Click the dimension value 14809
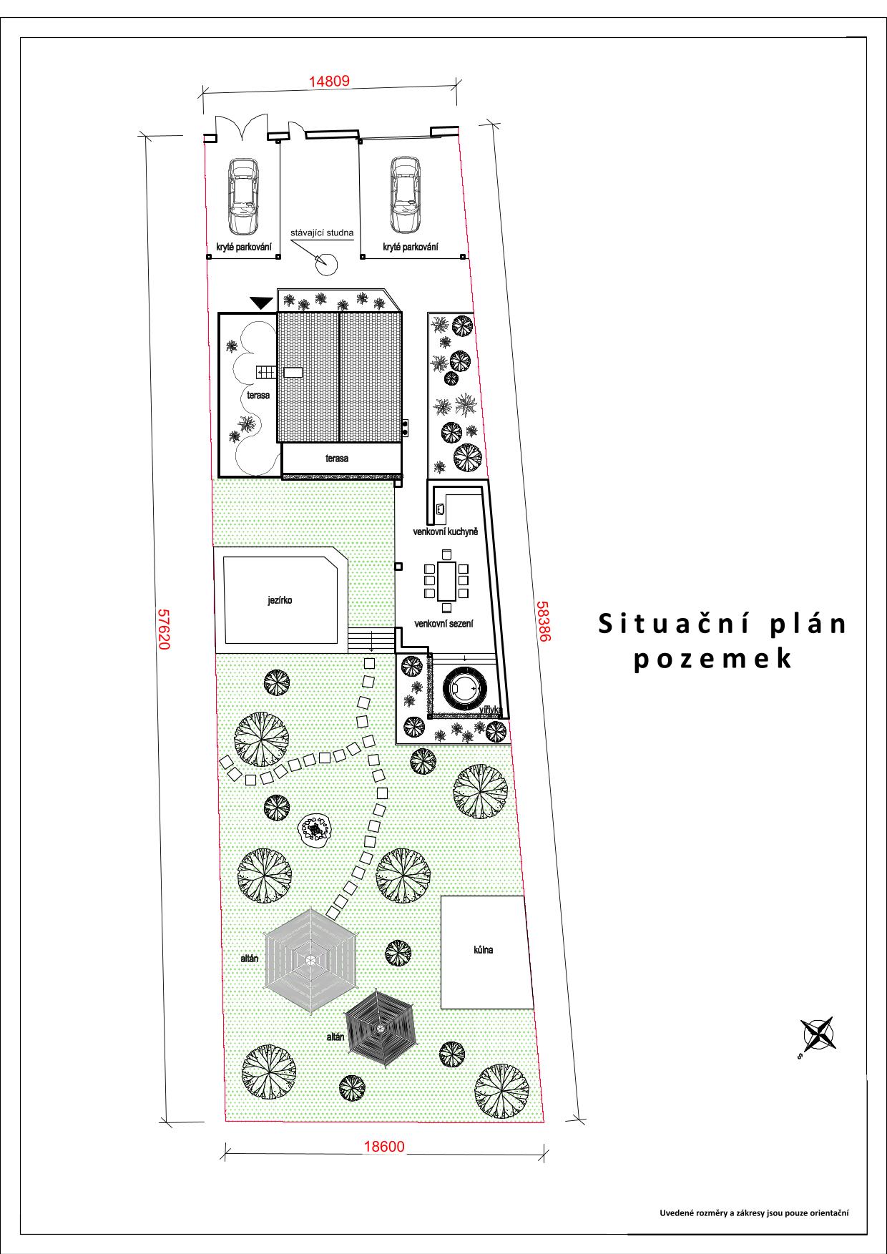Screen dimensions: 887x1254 point(329,81)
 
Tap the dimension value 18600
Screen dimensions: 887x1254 point(384,1147)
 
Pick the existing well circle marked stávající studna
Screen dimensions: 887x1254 point(325,263)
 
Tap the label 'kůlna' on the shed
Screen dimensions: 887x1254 point(484,950)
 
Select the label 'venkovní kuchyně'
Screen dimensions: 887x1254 point(445,532)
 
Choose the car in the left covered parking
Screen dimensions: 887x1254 point(242,195)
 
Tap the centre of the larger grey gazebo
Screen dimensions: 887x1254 point(310,959)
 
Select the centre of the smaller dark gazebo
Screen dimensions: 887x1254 point(381,1029)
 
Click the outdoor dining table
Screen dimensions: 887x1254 point(447,581)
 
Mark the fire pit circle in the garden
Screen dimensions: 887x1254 point(315,830)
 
